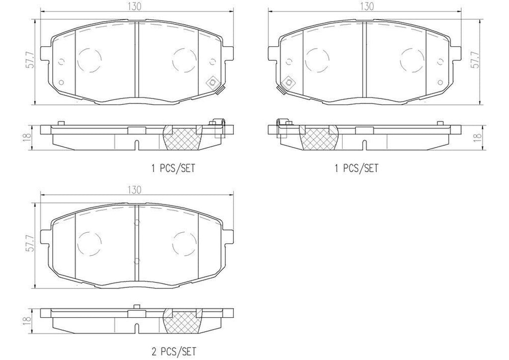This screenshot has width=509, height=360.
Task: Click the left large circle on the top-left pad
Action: pos(89,59)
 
